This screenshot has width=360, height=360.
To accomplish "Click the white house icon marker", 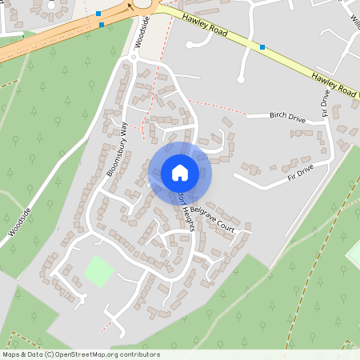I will [180, 172].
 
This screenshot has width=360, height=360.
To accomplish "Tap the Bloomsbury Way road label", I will [118, 149].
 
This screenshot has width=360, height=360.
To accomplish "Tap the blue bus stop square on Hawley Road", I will [262, 47].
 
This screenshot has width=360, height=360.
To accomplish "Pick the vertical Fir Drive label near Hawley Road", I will [326, 105].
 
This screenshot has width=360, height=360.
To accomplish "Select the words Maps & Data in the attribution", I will [22, 354].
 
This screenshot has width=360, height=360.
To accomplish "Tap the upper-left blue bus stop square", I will [98, 14].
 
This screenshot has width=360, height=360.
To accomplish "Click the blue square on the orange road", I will [102, 25].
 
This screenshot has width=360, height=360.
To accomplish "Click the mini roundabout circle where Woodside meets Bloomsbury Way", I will [134, 58].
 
